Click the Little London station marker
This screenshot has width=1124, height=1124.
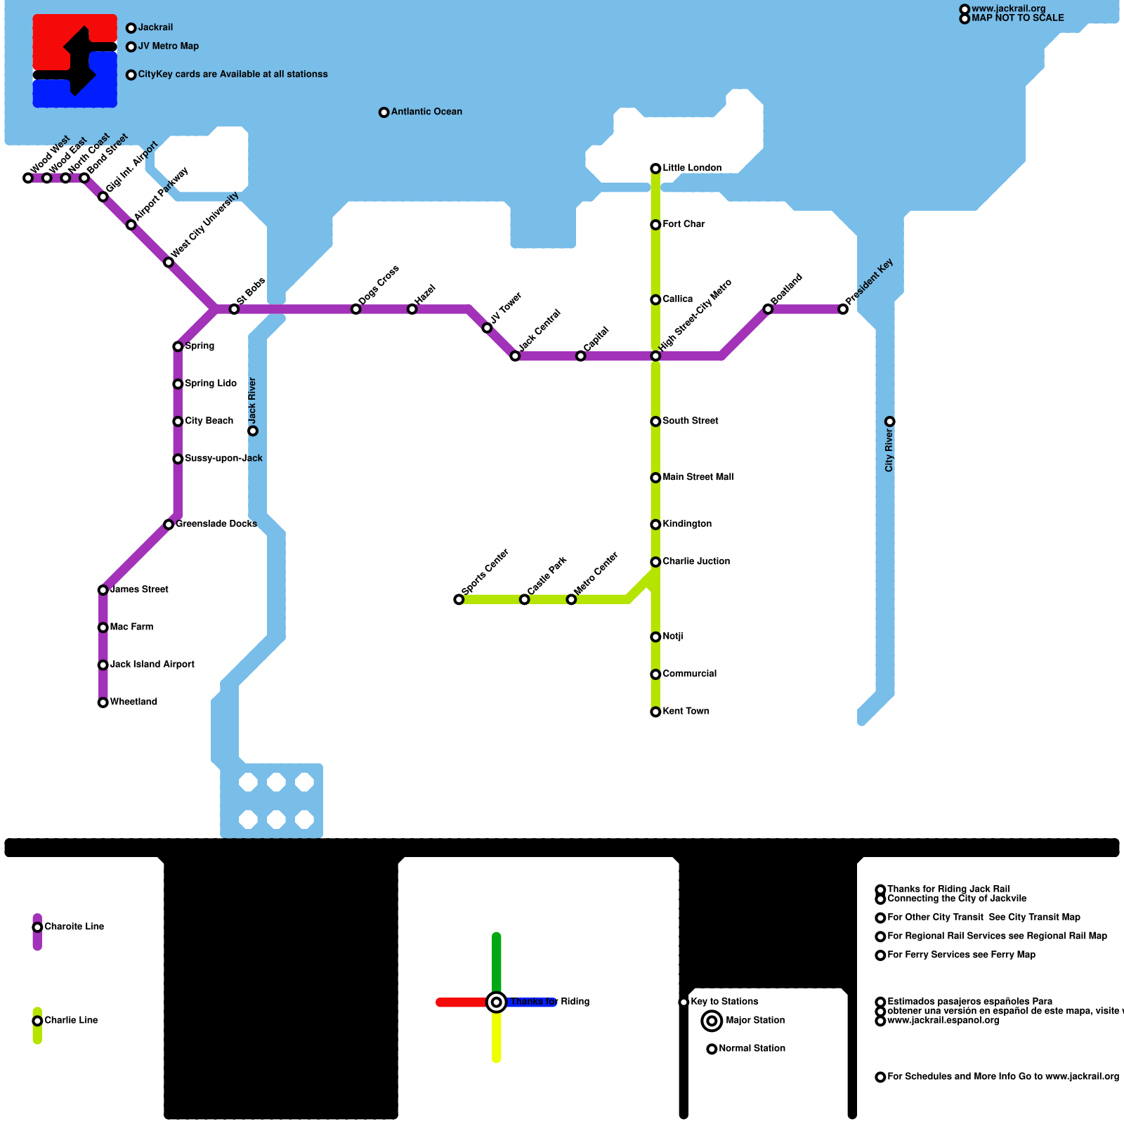(655, 169)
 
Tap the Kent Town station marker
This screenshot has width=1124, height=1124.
(655, 712)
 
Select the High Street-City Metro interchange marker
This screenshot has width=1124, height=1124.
(655, 356)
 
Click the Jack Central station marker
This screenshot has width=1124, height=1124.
(515, 356)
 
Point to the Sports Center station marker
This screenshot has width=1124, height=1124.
(459, 599)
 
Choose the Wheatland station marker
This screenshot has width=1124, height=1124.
(103, 702)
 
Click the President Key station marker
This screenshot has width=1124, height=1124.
(843, 309)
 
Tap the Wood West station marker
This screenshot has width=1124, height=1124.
(28, 178)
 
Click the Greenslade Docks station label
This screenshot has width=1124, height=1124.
(216, 524)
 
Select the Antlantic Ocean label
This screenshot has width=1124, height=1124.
(426, 112)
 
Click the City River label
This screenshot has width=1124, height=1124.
(889, 450)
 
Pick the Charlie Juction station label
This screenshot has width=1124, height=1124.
(695, 561)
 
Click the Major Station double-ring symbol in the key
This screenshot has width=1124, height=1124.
(712, 1021)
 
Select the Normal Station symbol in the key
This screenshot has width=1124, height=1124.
(712, 1049)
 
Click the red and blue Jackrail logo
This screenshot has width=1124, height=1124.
(75, 61)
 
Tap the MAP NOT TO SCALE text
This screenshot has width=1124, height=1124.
(1017, 18)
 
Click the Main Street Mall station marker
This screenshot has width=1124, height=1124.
(655, 478)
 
